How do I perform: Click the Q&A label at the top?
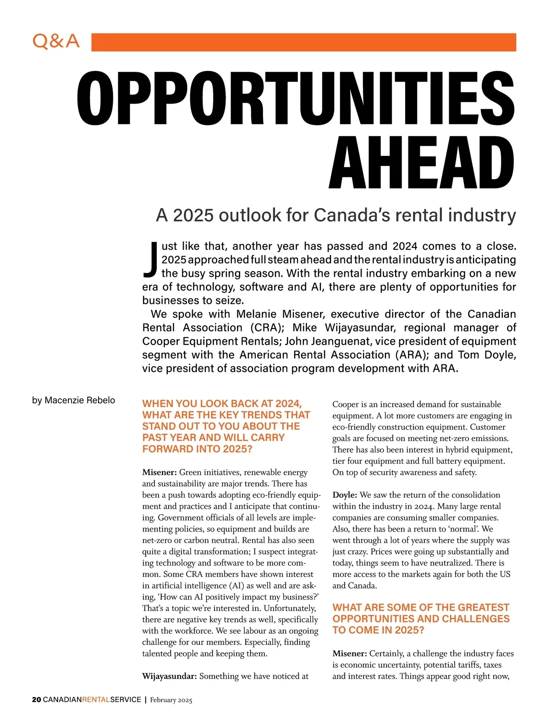pyautogui.click(x=56, y=42)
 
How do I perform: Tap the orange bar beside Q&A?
pyautogui.click(x=303, y=42)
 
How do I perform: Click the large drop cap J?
pyautogui.click(x=151, y=260)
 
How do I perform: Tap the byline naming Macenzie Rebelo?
pyautogui.click(x=73, y=400)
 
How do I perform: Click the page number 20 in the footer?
pyautogui.click(x=36, y=700)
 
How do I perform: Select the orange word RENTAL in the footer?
pyautogui.click(x=96, y=700)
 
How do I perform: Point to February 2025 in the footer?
pyautogui.click(x=171, y=700)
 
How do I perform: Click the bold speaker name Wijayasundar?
pyautogui.click(x=170, y=676)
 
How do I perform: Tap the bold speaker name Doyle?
pyautogui.click(x=345, y=495)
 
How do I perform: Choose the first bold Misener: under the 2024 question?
pyautogui.click(x=159, y=473)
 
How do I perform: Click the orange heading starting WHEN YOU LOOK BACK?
pyautogui.click(x=226, y=426)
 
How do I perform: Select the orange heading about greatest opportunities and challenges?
pyautogui.click(x=421, y=619)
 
